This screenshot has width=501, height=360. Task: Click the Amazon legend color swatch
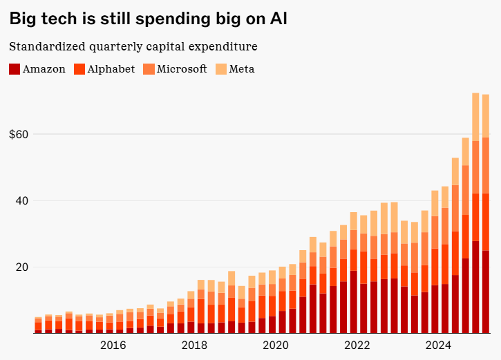(15, 69)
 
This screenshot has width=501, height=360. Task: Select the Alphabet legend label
(111, 69)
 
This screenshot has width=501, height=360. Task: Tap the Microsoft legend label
(182, 69)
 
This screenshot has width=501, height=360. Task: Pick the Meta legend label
(242, 69)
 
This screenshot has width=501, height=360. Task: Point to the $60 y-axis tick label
(18, 134)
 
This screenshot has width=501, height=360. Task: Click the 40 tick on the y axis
(20, 201)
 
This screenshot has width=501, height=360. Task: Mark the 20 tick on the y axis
(20, 267)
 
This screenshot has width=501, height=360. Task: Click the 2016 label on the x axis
(113, 345)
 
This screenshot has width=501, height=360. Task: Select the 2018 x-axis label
(194, 345)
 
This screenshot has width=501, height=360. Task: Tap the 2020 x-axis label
(276, 345)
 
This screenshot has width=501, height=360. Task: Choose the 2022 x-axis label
(357, 345)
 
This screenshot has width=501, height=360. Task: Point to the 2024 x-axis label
(439, 345)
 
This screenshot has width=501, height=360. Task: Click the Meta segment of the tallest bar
(475, 116)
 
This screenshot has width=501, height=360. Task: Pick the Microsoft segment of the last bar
(486, 165)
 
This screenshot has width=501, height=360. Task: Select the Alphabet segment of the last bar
(486, 222)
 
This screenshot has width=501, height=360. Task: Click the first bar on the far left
(39, 325)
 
